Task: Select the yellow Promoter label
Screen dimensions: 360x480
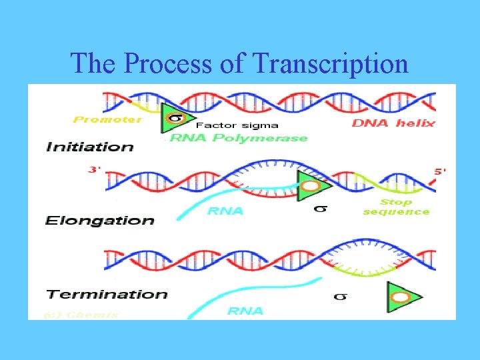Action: click(107, 120)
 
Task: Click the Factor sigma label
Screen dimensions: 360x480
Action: click(237, 125)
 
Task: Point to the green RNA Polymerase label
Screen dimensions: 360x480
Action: click(239, 138)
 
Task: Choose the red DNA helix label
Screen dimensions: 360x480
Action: click(393, 123)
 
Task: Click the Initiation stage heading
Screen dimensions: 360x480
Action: click(90, 147)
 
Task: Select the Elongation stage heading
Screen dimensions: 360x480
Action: click(99, 220)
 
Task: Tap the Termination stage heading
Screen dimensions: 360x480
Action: click(107, 294)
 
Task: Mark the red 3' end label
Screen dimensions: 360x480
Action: click(95, 169)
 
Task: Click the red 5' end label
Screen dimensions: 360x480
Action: click(441, 171)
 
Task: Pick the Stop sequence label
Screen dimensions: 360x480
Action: click(396, 207)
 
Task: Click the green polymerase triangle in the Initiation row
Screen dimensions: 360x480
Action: click(174, 119)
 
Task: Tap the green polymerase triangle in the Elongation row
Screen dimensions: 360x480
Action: click(310, 185)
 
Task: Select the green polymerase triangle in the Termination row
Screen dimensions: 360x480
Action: click(402, 297)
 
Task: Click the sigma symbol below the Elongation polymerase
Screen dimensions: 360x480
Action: click(320, 209)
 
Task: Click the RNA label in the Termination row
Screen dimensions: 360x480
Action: click(245, 311)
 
